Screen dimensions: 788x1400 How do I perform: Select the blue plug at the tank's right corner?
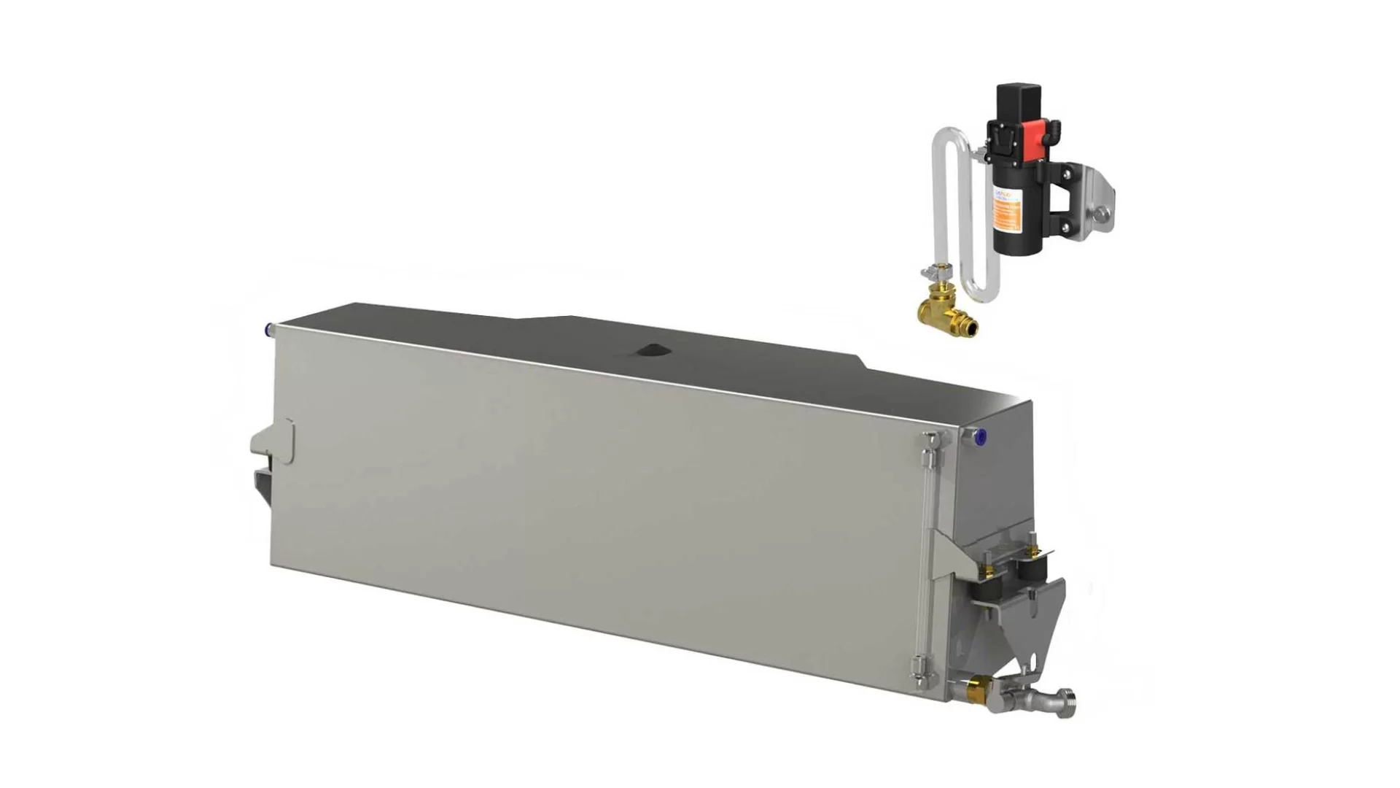coord(981,437)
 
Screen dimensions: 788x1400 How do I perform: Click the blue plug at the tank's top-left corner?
coord(269,330)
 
